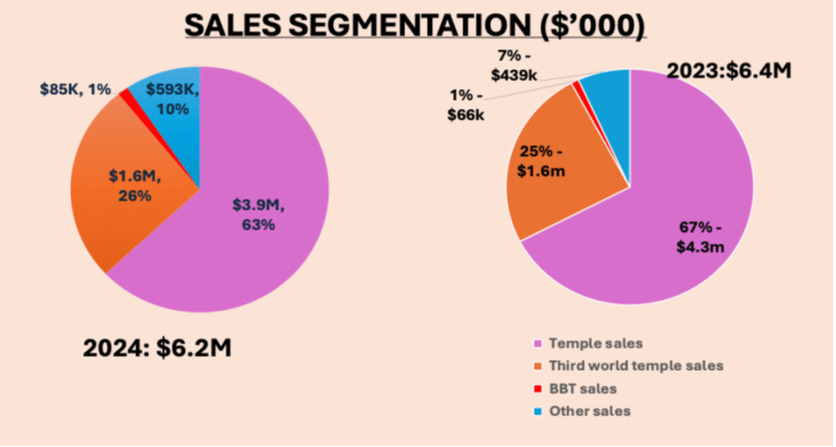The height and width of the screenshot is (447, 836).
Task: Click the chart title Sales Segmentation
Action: pos(416,25)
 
